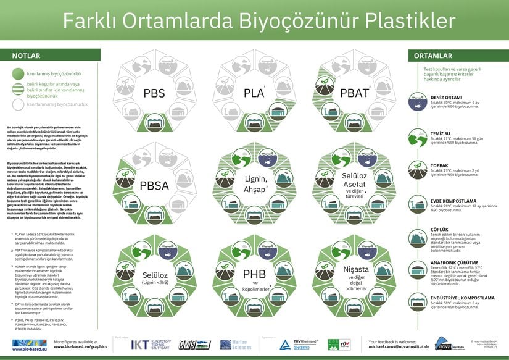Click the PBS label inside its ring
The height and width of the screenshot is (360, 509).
click(154, 94)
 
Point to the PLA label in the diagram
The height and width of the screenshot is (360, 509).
click(254, 93)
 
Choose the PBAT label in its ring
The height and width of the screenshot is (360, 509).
click(354, 94)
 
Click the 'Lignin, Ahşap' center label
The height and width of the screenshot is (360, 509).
click(254, 184)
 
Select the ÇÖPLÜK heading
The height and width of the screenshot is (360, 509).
click(441, 228)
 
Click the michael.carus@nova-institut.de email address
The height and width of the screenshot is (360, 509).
click(399, 348)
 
